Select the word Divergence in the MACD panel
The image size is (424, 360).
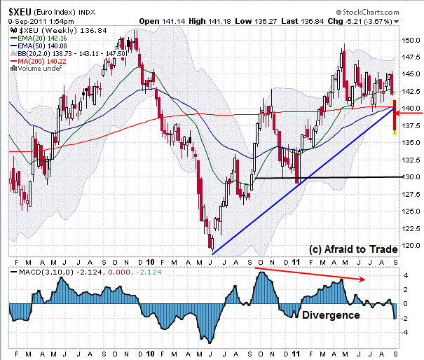[x=331, y=315]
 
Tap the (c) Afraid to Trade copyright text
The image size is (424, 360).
[x=353, y=249]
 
